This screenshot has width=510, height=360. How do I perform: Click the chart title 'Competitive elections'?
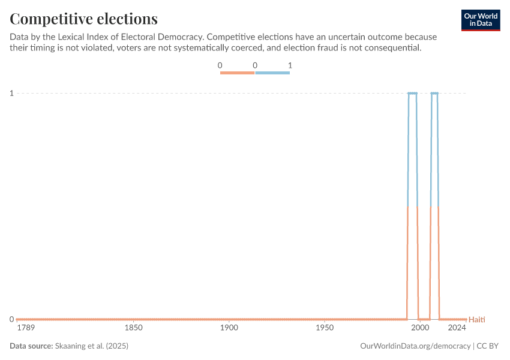coord(84,19)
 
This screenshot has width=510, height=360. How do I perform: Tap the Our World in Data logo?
coord(481,20)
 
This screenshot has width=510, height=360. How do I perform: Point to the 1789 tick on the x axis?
coord(26,328)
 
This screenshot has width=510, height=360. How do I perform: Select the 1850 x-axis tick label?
coord(133,328)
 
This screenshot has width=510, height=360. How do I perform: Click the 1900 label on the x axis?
coord(229,328)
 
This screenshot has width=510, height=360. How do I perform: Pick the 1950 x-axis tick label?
coord(325,328)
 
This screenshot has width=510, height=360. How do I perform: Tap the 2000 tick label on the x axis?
coord(420,328)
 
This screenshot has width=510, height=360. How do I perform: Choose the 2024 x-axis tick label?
coord(457,328)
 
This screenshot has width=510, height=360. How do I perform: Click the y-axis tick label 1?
coord(11,93)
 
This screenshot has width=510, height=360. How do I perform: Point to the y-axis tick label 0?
coord(11,319)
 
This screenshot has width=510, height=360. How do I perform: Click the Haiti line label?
coord(476,319)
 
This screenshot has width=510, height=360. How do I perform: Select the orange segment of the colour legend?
coord(238,73)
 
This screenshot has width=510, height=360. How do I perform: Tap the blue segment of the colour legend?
coord(272,73)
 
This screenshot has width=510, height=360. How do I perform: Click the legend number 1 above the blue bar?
coord(290,65)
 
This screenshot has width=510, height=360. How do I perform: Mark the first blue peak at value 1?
coord(412,93)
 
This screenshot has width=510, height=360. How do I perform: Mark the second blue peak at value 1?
coord(434,93)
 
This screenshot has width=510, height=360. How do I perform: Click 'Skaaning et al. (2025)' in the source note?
coord(92,346)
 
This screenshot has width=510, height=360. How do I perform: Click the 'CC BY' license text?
coord(489,346)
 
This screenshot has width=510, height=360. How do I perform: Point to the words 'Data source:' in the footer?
coord(31,346)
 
